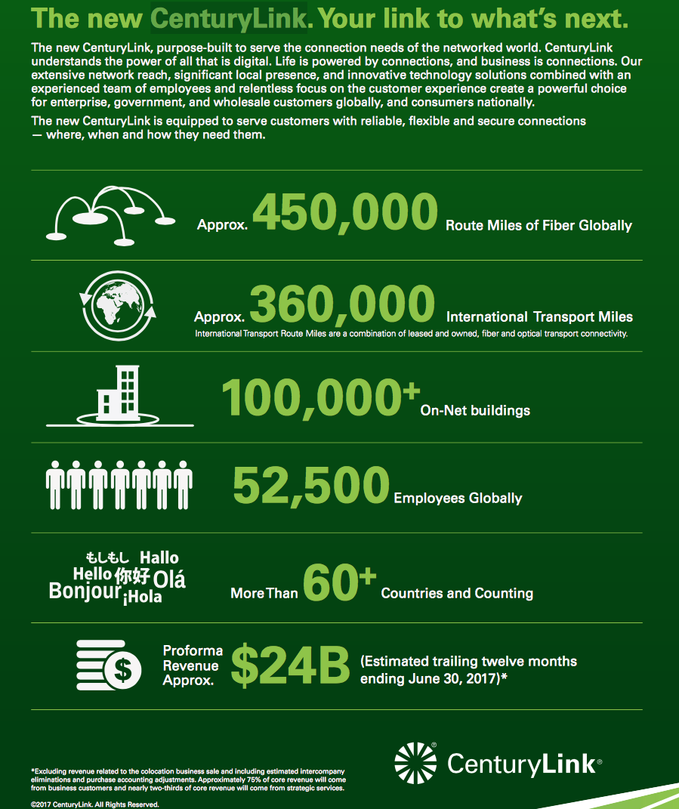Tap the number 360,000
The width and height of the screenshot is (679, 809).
(342, 304)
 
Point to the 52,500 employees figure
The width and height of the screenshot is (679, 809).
(310, 486)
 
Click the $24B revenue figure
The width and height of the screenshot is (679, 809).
(290, 664)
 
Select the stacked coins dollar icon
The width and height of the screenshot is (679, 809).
(110, 665)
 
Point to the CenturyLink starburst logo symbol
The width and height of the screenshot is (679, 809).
(416, 763)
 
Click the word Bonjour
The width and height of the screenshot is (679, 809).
(85, 591)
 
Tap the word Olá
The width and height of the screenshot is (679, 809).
(169, 580)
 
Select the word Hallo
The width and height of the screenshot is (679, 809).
(159, 558)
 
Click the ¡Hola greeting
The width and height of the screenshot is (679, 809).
(142, 599)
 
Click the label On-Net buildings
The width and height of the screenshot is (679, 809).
(475, 411)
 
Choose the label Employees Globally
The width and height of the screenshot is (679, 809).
(458, 499)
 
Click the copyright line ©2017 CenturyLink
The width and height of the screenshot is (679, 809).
(95, 804)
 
